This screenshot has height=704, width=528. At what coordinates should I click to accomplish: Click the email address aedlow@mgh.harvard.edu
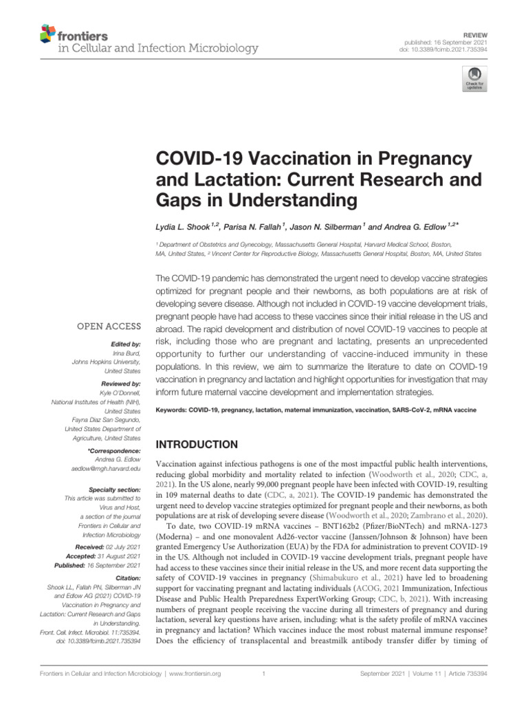(102, 467)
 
